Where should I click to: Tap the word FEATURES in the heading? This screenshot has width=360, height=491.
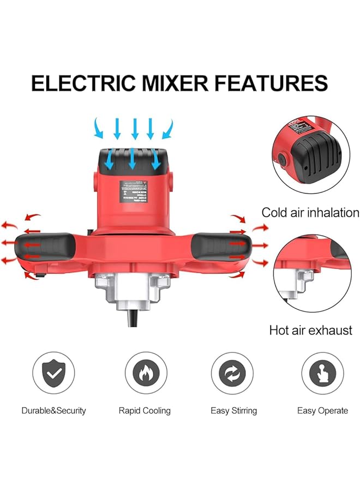pos(271,83)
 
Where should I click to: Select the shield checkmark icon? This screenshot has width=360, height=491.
pos(53,374)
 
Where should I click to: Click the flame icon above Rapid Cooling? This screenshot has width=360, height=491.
pos(145,374)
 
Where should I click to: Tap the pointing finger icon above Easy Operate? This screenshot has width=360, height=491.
pos(322,374)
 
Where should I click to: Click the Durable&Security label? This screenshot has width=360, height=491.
pos(53,410)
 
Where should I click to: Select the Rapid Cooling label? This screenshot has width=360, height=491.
pos(145,410)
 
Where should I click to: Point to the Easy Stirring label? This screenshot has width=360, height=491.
pos(233,410)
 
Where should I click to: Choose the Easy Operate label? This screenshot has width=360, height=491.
pos(322,410)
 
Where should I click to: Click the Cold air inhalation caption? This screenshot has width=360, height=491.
pos(310,212)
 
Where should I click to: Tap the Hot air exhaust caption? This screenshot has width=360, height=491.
pos(310,330)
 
